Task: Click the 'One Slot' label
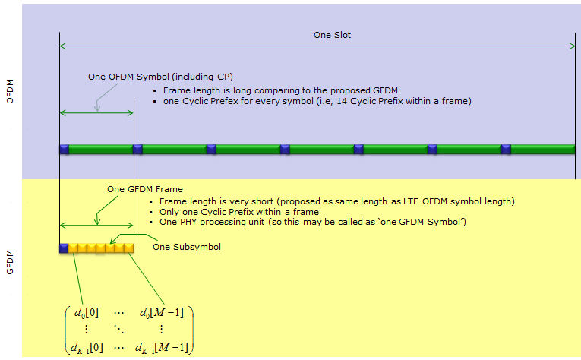click(332, 35)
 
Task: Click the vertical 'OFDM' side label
click(10, 91)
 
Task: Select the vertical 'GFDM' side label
click(10, 262)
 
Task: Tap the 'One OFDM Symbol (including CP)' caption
click(160, 77)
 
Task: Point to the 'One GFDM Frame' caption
click(145, 189)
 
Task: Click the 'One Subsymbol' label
click(187, 247)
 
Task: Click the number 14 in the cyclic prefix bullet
click(342, 101)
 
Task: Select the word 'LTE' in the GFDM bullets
click(410, 201)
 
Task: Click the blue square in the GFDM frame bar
click(64, 248)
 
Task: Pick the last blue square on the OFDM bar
click(506, 150)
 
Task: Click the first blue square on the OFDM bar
click(64, 150)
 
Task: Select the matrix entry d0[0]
click(87, 313)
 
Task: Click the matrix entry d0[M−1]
click(162, 313)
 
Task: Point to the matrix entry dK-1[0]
click(87, 348)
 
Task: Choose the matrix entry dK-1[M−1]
click(162, 348)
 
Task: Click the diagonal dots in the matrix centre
click(119, 329)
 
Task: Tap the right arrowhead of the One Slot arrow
click(573, 46)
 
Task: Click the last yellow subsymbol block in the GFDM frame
click(129, 248)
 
